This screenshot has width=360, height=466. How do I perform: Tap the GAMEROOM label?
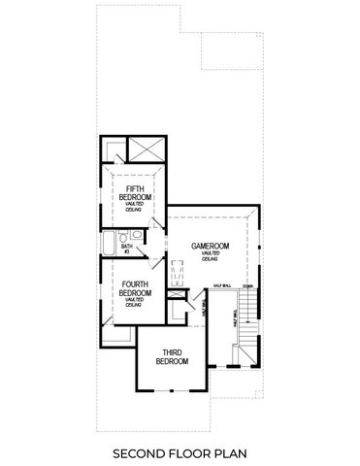tap(210, 247)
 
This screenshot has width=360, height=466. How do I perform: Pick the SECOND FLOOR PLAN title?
tap(180, 451)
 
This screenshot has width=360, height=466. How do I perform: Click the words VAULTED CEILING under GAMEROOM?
tap(210, 256)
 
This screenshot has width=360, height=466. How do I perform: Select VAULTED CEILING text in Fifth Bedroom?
tap(133, 207)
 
